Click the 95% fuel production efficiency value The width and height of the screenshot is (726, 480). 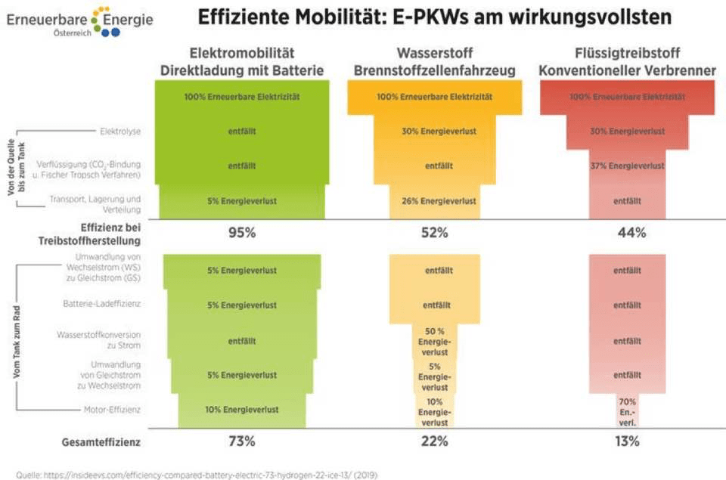(x=242, y=233)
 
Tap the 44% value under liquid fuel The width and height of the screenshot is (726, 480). (x=627, y=233)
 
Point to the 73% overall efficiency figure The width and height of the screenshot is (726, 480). (x=242, y=441)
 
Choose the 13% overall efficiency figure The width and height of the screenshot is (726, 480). (x=627, y=441)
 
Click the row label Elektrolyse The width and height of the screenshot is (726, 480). (x=120, y=132)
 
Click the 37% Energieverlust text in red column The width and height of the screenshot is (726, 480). (x=627, y=166)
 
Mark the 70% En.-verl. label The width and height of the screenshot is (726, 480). (x=627, y=412)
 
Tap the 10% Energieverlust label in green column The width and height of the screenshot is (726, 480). (x=242, y=410)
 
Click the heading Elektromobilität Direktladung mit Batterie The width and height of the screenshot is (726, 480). (x=242, y=62)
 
